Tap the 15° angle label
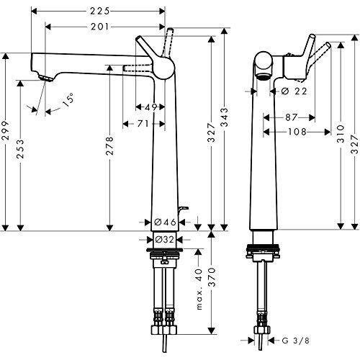click(67, 102)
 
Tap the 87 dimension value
click(292, 117)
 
